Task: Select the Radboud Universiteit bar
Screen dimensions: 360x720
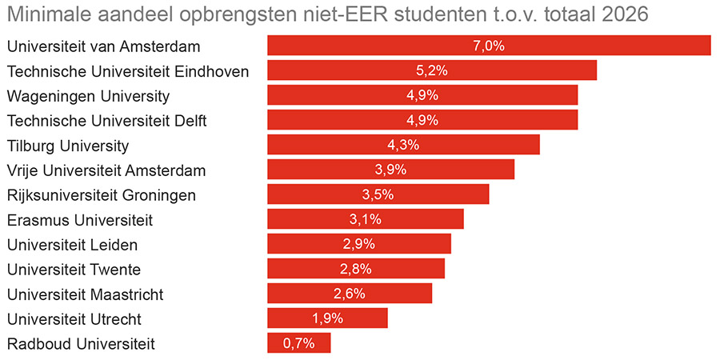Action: [298, 343]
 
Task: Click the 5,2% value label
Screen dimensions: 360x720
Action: [431, 70]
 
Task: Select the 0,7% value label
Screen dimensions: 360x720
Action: [298, 343]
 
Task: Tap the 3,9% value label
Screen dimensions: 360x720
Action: [390, 170]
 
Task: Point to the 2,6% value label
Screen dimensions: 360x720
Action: [349, 294]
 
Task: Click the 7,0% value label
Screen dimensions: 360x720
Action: [489, 46]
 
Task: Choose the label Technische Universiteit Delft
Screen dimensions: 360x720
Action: [106, 121]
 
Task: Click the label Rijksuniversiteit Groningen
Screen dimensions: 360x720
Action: [101, 195]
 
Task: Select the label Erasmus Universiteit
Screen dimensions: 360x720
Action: [79, 220]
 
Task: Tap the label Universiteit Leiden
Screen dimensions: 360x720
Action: [72, 245]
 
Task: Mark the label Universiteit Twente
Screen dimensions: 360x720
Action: [74, 270]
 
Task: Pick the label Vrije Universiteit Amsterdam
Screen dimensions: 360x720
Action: [106, 170]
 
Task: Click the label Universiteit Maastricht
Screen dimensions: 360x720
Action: [85, 294]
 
